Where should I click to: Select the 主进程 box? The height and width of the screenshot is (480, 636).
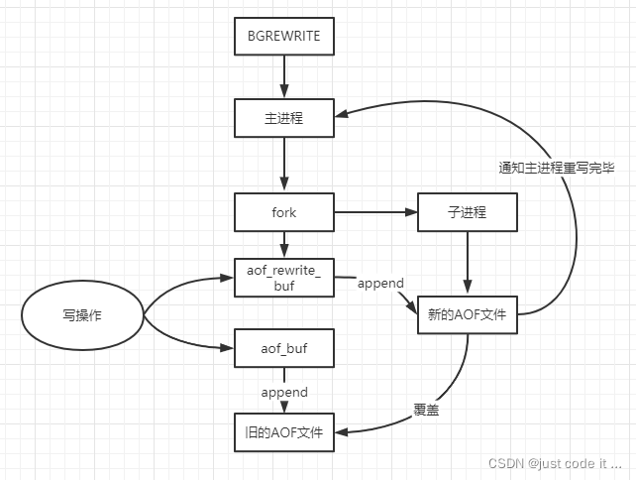pos(283,117)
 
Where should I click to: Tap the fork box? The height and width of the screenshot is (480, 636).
pos(283,212)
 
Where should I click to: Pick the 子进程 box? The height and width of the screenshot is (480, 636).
pos(467,212)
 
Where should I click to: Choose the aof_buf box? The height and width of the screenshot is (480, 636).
pos(283,347)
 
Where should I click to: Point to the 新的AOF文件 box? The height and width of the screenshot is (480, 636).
pos(467,315)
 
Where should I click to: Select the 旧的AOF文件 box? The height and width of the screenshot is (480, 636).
pos(283,431)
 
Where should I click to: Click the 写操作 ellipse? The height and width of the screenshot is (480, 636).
pos(83,315)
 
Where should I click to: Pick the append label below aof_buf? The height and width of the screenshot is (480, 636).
pos(284,392)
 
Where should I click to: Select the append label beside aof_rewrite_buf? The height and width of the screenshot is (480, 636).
pos(380,283)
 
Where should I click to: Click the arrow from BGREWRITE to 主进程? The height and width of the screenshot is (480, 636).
pos(284,76)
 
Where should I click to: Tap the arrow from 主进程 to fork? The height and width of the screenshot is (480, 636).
pos(284,164)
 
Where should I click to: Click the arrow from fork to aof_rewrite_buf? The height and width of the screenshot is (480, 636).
pos(284,244)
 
